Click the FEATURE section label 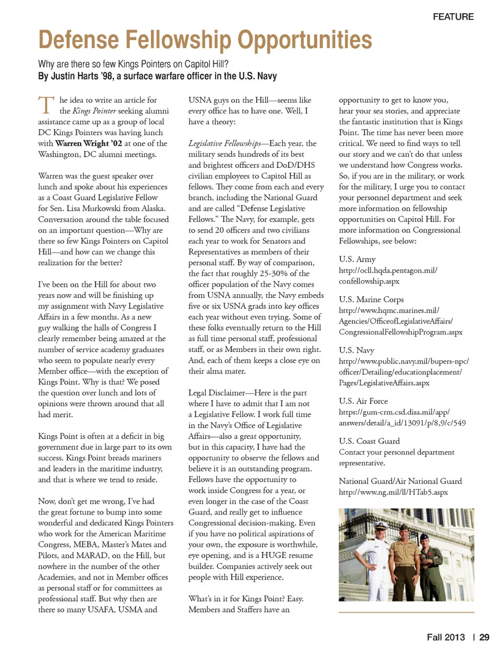[x=453, y=17]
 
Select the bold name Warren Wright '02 [x=89, y=143]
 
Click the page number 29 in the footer [x=484, y=637]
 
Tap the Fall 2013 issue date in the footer [x=446, y=637]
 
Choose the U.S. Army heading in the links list [x=357, y=259]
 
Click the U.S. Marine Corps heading [x=371, y=299]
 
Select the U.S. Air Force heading [x=363, y=401]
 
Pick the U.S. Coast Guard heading [x=369, y=441]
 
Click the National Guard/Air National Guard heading [x=400, y=481]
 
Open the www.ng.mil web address [x=393, y=492]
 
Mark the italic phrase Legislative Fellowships [x=225, y=143]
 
